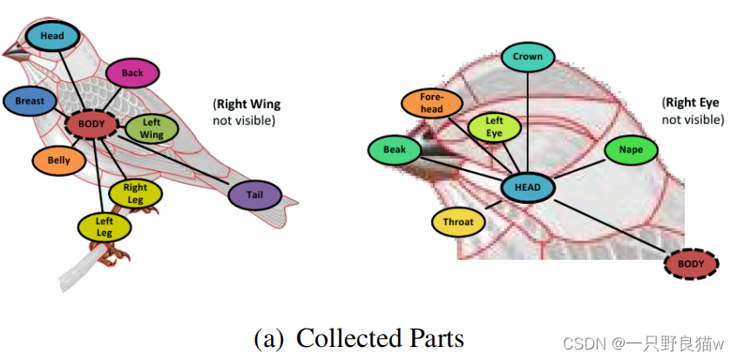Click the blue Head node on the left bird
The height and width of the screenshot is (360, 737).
52,36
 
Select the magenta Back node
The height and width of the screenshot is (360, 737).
132,73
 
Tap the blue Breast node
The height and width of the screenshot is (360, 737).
30,101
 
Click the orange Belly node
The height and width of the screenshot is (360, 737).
59,160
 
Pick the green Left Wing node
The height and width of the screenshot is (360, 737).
151,129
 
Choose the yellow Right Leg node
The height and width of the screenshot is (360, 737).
135,193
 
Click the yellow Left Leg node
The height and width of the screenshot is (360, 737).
105,227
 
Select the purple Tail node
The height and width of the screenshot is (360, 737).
255,196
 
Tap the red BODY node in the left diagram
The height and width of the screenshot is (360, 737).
91,124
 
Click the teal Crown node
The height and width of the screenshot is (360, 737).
528,58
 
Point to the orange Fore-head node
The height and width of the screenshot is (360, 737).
432,103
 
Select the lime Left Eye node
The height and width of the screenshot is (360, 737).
494,126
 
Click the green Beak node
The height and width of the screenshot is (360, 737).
395,150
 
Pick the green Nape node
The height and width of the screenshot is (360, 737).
632,150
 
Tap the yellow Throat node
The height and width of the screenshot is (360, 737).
458,221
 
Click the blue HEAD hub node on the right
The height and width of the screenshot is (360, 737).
529,187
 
